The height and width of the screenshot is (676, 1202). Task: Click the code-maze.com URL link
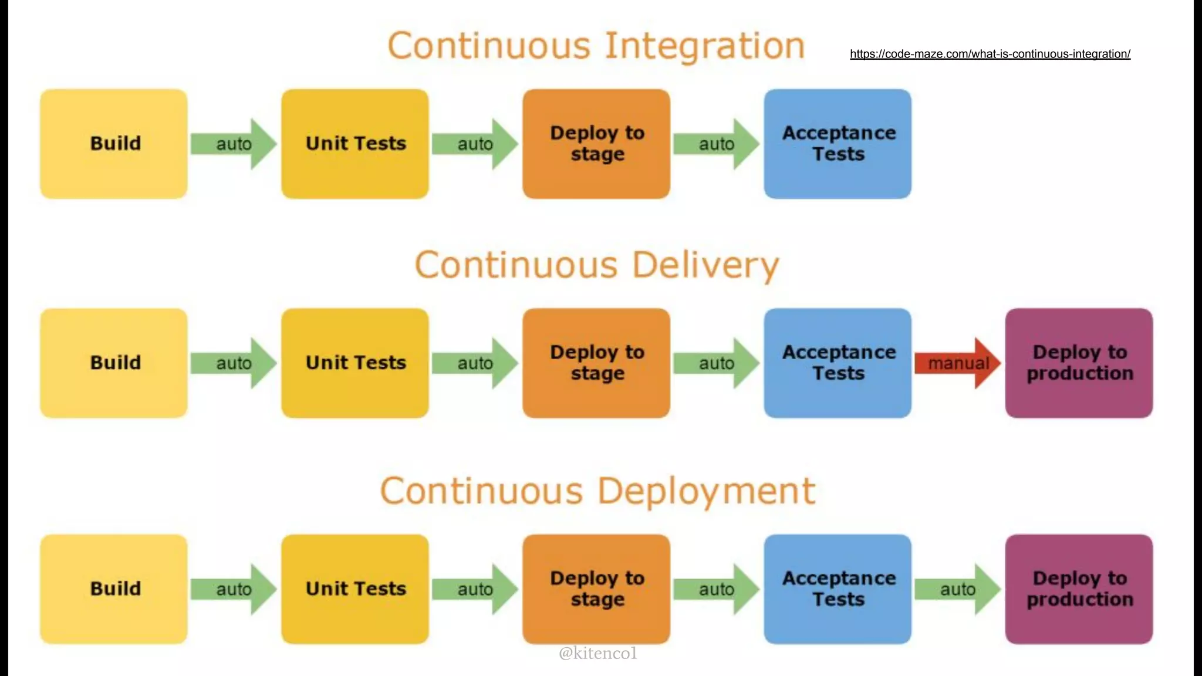[x=990, y=54]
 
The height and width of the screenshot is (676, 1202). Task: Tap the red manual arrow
[x=957, y=363]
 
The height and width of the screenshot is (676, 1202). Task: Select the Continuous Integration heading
[x=596, y=46]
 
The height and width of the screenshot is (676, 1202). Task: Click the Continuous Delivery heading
[x=597, y=265]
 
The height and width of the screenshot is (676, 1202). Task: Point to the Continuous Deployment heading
[x=597, y=491]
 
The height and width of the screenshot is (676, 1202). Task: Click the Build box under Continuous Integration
[x=114, y=144]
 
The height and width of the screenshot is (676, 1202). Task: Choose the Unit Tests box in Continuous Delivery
[x=355, y=363]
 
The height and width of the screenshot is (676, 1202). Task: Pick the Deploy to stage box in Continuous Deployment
[x=596, y=589]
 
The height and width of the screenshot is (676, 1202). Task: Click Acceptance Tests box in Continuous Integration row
[x=838, y=144]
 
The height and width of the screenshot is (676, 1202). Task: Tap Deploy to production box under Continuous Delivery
[x=1079, y=363]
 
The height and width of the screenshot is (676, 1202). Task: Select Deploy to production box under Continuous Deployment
[x=1079, y=589]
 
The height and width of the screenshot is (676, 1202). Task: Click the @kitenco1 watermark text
[x=597, y=653]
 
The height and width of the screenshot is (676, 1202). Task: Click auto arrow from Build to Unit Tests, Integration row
[x=234, y=144]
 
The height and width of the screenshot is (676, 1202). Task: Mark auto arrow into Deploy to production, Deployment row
[x=957, y=589]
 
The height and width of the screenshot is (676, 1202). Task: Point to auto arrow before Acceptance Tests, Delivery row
[x=716, y=363]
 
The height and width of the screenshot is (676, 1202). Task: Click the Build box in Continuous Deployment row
[x=114, y=589]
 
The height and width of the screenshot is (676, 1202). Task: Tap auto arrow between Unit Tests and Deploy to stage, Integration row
[x=475, y=144]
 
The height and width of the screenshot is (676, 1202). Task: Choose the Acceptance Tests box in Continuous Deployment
[x=838, y=589]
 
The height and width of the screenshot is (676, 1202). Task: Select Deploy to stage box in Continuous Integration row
[x=596, y=144]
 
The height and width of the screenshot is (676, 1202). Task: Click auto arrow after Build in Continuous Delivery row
[x=234, y=363]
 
